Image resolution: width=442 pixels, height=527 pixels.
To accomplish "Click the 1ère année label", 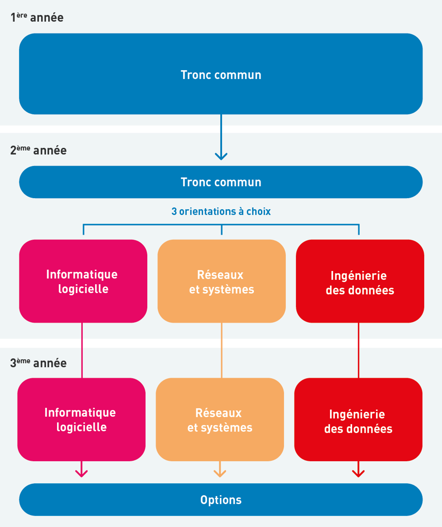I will [37, 17].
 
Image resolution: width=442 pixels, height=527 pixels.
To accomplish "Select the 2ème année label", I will [38, 150].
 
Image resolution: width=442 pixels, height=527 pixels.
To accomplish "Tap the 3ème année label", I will [38, 363].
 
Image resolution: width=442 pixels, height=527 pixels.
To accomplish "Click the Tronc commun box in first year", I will [221, 74].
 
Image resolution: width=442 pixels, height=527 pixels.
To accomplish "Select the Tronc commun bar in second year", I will [221, 182].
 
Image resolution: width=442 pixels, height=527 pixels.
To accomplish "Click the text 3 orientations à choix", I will [221, 211].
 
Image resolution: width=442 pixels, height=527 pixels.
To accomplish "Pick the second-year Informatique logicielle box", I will [83, 281].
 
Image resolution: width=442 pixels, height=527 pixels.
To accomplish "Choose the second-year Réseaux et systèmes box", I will [221, 281].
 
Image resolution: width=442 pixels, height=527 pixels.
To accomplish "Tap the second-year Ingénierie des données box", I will [360, 281].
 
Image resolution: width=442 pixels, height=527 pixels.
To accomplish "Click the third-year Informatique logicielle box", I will [81, 420].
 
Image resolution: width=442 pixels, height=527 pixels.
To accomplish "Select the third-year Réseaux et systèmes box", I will [220, 420].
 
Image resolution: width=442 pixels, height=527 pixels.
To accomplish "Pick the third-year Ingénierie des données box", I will [358, 420].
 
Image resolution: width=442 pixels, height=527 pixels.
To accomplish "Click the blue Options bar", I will [221, 499].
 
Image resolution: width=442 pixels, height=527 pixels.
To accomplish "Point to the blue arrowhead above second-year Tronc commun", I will [221, 156].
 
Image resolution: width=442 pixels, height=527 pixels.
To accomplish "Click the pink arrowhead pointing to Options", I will [81, 473].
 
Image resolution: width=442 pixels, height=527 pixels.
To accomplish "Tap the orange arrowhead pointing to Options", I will [220, 473].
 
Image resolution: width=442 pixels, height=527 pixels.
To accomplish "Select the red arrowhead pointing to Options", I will [358, 473].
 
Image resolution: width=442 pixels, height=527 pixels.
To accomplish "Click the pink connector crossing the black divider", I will [82, 343].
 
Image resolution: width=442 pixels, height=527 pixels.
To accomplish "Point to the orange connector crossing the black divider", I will [221, 343].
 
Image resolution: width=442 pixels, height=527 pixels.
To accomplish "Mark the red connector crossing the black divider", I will [359, 343].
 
